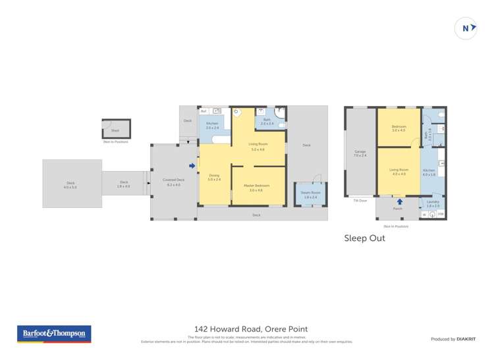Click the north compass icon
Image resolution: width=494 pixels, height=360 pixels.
click(x=466, y=28)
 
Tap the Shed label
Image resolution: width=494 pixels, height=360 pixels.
click(x=115, y=130)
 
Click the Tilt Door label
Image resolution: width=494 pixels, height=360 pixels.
click(x=360, y=200)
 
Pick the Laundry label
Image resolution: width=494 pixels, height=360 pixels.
click(x=433, y=203)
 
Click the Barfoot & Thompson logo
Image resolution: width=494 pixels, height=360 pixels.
click(x=55, y=334)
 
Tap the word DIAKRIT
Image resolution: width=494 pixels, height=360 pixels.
click(x=466, y=339)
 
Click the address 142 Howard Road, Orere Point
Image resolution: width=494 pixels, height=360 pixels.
click(x=250, y=329)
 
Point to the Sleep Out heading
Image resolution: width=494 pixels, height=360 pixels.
click(x=364, y=238)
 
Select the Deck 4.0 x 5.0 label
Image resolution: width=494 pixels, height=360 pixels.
click(x=70, y=184)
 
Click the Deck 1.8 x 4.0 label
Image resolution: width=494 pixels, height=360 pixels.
click(x=124, y=184)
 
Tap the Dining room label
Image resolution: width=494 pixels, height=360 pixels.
click(x=214, y=176)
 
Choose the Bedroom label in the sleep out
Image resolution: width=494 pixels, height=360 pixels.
click(x=398, y=128)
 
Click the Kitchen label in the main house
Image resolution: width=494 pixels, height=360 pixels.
click(x=212, y=125)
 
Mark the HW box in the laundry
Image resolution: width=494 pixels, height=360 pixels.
click(x=441, y=214)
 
